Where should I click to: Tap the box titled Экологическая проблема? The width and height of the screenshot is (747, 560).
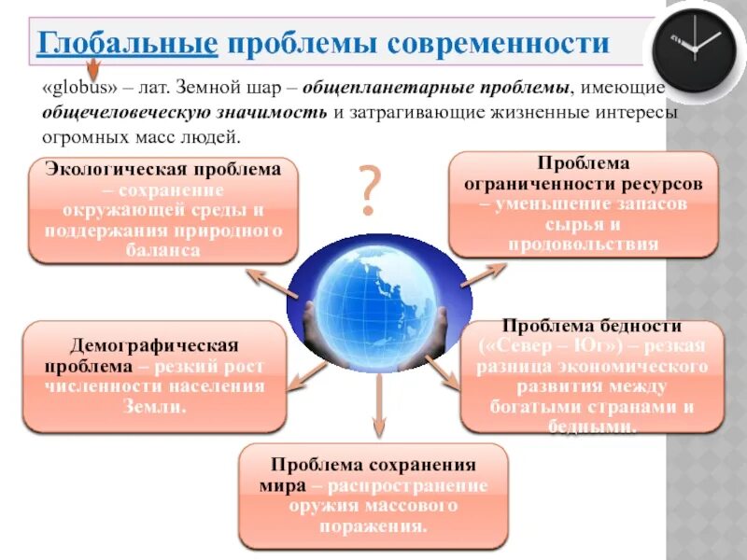163,210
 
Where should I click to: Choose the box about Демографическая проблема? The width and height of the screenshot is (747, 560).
154,376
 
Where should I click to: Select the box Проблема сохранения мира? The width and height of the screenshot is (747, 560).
373,496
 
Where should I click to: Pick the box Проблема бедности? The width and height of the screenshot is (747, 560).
592,376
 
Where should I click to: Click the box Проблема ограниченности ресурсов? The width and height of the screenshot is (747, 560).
584,204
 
